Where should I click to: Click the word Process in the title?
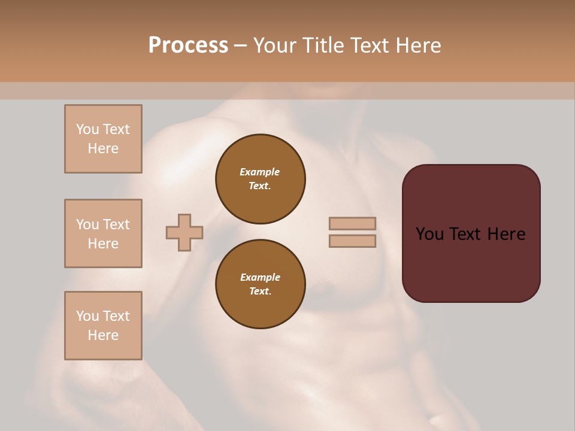pyautogui.click(x=188, y=45)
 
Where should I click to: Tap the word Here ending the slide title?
pyautogui.click(x=417, y=45)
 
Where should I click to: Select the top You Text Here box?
pyautogui.click(x=103, y=139)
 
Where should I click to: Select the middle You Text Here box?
pyautogui.click(x=103, y=233)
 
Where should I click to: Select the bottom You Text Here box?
pyautogui.click(x=103, y=326)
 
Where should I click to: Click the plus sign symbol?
pyautogui.click(x=184, y=232)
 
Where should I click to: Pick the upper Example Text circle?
pyautogui.click(x=261, y=179)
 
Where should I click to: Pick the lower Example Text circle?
pyautogui.click(x=261, y=284)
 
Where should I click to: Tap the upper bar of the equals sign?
pyautogui.click(x=353, y=224)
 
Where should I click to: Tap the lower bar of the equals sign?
pyautogui.click(x=353, y=241)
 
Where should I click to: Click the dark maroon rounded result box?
pyautogui.click(x=471, y=263)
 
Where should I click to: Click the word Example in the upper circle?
pyautogui.click(x=260, y=172)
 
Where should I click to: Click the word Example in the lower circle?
pyautogui.click(x=260, y=277)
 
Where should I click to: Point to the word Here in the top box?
pyautogui.click(x=103, y=148)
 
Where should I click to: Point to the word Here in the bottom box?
pyautogui.click(x=103, y=335)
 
